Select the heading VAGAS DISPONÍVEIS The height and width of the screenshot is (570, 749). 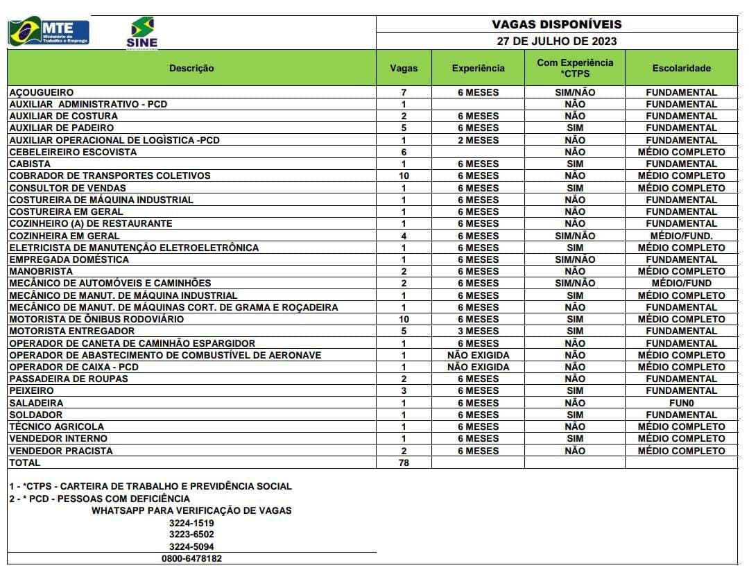(556, 24)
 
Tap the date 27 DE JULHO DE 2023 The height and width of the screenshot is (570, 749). (556, 41)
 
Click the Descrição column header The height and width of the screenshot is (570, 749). (191, 68)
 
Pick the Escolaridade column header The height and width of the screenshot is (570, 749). (681, 68)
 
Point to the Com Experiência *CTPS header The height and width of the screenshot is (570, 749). (575, 68)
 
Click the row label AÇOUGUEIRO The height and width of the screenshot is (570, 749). (42, 92)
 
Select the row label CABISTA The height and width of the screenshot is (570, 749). (30, 164)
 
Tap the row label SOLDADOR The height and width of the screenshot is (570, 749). (36, 415)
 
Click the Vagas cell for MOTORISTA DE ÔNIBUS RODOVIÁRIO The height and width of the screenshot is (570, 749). (404, 319)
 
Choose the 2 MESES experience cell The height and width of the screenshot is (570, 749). (478, 140)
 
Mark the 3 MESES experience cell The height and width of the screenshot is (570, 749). (478, 331)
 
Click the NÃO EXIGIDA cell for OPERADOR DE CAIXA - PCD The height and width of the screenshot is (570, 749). (478, 367)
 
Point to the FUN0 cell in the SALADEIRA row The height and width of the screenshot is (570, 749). (681, 403)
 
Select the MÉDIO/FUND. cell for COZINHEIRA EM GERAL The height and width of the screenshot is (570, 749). (681, 236)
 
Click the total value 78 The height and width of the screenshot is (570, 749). (404, 463)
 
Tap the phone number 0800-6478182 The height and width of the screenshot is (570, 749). (192, 558)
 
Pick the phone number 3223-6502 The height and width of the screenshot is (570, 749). (191, 535)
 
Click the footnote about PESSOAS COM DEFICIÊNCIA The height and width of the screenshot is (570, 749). (99, 499)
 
